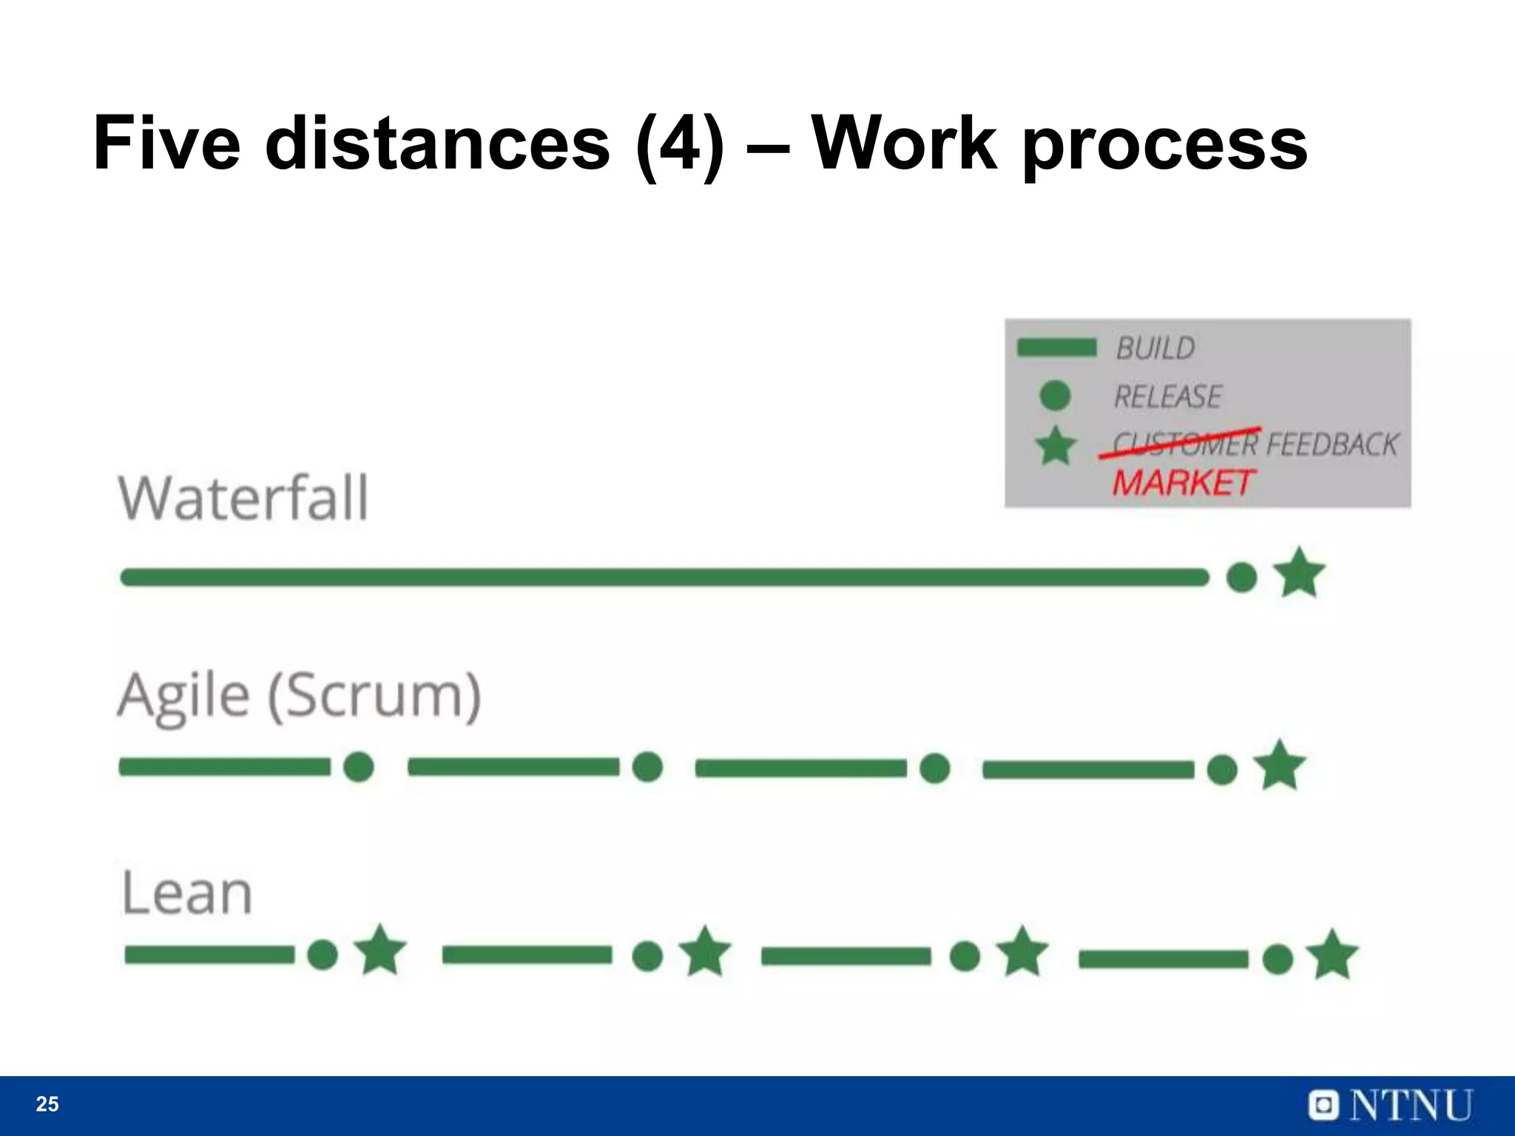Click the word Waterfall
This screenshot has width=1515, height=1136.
pos(243,498)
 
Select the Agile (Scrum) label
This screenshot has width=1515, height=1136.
pos(300,696)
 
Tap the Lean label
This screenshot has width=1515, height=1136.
pos(186,893)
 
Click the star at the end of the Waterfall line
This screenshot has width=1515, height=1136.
pos(1299,573)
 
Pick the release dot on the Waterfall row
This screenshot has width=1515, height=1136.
pos(1241,577)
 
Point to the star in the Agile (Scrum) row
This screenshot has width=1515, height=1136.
pos(1280,765)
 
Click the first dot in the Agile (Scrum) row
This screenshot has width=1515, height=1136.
pos(359,767)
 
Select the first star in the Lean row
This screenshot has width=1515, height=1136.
pos(380,951)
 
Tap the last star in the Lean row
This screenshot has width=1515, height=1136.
pos(1332,955)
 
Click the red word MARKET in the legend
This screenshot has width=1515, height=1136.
pos(1182,483)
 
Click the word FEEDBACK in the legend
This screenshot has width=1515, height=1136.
pos(1332,444)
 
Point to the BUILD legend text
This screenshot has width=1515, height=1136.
pos(1155,348)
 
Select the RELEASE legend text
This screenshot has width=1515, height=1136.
pos(1167,397)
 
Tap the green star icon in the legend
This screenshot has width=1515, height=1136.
pos(1056,446)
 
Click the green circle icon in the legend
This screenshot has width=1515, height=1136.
pos(1055,396)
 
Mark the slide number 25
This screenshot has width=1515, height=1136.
pos(47,1104)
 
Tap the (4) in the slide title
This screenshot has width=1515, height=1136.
pos(680,143)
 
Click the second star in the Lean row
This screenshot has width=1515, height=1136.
pos(704,952)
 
